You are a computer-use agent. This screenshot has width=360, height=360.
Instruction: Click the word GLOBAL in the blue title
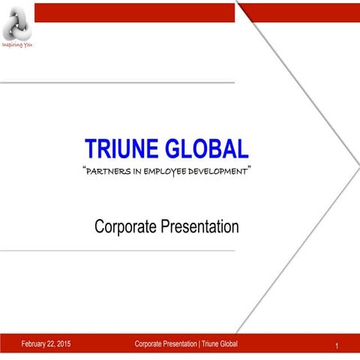point(206,149)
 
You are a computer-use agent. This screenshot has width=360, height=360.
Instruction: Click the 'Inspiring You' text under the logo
point(16,44)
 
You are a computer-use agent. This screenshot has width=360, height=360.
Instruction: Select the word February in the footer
point(36,344)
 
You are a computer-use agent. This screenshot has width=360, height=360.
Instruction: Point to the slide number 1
point(338,346)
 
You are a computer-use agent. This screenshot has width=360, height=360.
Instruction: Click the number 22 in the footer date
point(51,344)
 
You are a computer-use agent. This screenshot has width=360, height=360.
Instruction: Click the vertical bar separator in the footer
point(199,344)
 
